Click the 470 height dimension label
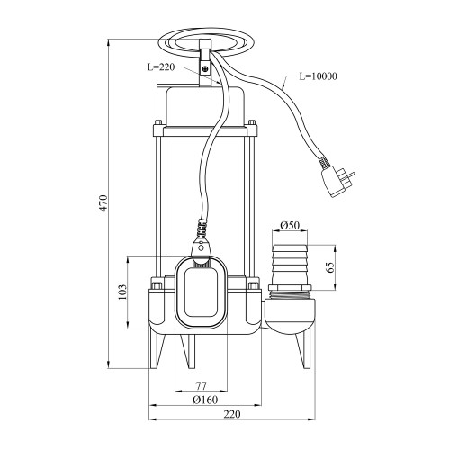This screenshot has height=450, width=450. pos(103,203)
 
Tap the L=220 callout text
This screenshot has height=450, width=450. pos(161,67)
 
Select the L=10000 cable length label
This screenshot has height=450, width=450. pos(319,76)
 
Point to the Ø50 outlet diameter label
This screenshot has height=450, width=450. pos(290,225)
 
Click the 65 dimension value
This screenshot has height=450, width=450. pos(329,267)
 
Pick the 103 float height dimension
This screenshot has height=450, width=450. pos(122,292)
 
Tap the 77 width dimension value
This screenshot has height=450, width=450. pos(201,386)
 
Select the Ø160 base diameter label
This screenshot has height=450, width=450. pos(205,400)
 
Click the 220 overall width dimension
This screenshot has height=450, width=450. pos(232,414)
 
